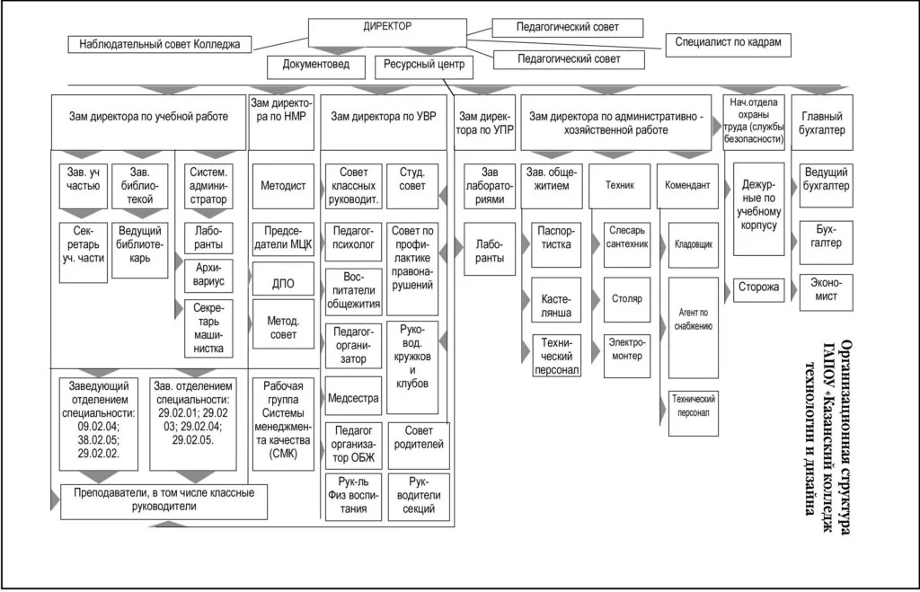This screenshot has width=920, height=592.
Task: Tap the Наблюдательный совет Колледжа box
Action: point(160,43)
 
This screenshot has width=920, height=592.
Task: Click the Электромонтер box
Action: point(625,349)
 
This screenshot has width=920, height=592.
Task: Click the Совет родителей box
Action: point(419,446)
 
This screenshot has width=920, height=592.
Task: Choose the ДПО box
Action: point(282,285)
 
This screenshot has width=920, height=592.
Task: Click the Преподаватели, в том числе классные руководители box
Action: point(164,499)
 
